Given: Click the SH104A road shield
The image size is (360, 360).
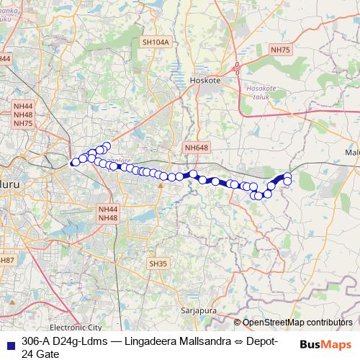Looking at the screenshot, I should (156, 42).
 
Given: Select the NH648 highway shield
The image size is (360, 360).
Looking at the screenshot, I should (196, 148).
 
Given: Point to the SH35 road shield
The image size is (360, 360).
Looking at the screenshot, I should (158, 264).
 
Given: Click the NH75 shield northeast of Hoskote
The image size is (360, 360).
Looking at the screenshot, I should (281, 50).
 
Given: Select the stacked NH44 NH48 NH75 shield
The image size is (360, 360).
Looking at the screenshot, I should (23, 114).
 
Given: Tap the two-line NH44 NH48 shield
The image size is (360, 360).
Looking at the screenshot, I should (107, 213).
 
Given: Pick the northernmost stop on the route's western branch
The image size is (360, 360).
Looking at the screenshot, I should (107, 146).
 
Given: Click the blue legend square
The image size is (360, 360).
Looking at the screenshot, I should (9, 341).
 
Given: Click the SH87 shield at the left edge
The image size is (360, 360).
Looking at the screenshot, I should (6, 259).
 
